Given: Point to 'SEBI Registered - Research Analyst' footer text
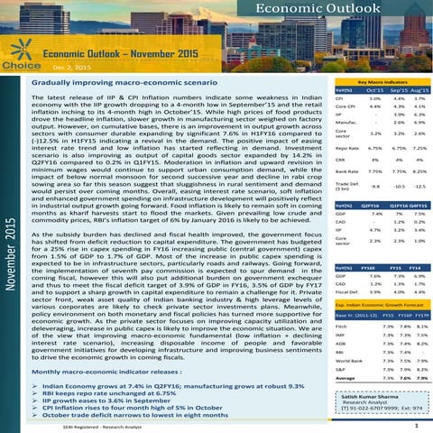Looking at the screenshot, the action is click(97, 424).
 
